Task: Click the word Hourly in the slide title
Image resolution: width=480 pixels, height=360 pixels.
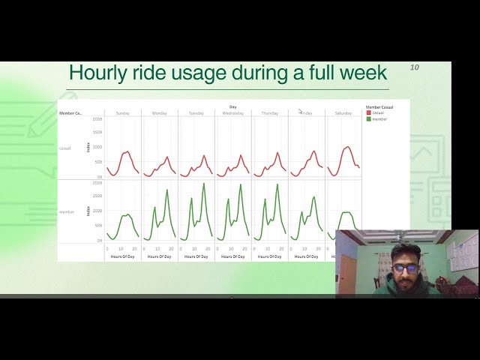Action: [x=97, y=73]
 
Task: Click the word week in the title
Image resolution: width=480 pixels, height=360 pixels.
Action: [x=363, y=73]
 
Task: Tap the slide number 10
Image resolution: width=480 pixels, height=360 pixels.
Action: [x=415, y=68]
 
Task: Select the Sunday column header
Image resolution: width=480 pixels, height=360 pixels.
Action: [x=123, y=113]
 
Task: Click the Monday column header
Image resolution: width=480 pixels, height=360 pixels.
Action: [x=160, y=113]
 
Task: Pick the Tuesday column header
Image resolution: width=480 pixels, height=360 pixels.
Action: [x=196, y=113]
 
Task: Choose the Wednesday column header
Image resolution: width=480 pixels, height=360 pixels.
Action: [x=233, y=113]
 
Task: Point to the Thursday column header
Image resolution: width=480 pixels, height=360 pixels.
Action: [x=270, y=113]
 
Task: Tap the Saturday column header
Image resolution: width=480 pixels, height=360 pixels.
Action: [x=343, y=113]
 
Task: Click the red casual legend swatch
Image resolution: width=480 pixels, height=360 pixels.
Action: [x=368, y=112]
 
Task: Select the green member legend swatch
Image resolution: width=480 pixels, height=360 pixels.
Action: [x=368, y=118]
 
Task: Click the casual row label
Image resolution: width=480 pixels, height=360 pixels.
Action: [x=65, y=148]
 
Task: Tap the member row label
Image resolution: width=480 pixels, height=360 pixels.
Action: [x=67, y=212]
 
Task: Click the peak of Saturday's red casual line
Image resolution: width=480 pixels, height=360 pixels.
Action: [x=347, y=147]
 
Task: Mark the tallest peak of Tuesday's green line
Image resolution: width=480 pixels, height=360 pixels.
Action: [x=203, y=184]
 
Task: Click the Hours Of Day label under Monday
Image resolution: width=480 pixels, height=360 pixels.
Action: [x=159, y=256]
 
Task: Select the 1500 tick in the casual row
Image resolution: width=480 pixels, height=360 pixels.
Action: [x=97, y=133]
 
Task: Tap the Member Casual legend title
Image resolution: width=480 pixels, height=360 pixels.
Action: [x=379, y=106]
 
